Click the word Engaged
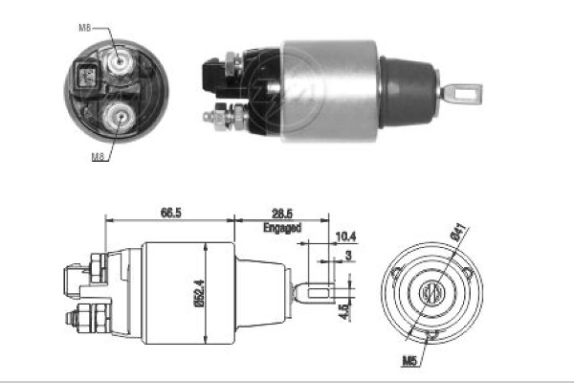pos(281,229)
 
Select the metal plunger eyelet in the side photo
pos(465,94)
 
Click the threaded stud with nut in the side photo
pos(217,118)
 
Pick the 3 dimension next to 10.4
pos(349,255)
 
